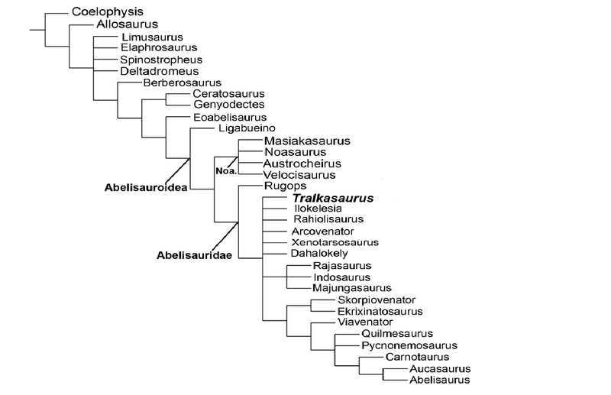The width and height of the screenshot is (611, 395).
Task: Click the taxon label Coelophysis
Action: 108,12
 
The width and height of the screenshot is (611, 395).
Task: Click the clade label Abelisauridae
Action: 196,257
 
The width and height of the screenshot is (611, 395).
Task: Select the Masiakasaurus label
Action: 307,141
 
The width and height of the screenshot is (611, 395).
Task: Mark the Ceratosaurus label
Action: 228,93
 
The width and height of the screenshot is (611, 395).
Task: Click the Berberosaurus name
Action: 182,82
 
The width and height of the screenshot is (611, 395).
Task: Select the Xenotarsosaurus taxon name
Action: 335,241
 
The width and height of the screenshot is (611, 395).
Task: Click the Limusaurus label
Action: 152,37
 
